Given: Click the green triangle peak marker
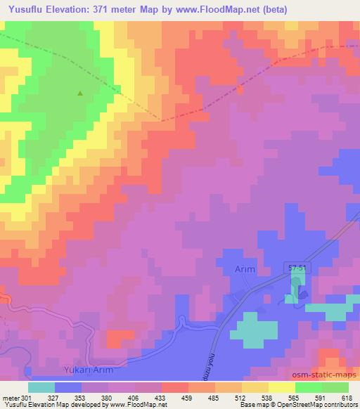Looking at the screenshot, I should (x=79, y=93).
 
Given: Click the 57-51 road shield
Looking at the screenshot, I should (x=297, y=268).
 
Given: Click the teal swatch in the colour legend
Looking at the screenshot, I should (x=41, y=387).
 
